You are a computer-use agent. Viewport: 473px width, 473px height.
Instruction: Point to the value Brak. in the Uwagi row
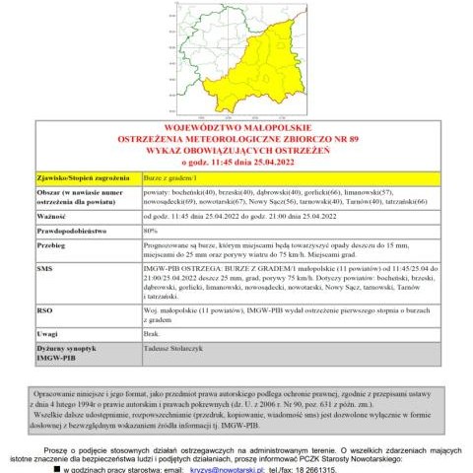(x=153, y=335)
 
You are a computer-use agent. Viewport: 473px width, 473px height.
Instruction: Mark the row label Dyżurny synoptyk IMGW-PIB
(x=64, y=354)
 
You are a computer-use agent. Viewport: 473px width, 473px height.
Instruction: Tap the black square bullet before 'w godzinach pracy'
(x=68, y=468)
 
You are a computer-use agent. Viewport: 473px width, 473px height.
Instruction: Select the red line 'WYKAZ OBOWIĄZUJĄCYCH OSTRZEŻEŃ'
(x=236, y=149)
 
